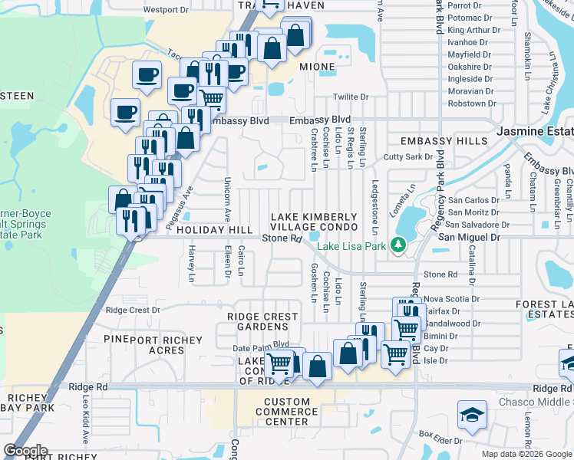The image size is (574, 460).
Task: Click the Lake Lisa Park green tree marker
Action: click(x=398, y=245)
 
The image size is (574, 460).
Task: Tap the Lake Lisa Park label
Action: click(x=354, y=246)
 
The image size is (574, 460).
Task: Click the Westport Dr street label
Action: click(x=166, y=10)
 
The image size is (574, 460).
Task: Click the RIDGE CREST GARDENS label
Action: click(x=262, y=321)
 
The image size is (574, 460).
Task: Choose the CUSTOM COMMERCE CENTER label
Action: click(x=286, y=412)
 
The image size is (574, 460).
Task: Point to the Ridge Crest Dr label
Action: click(x=133, y=310)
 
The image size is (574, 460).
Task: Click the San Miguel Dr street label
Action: click(x=469, y=238)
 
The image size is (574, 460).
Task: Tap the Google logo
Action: click(x=25, y=450)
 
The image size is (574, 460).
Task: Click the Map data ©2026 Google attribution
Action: click(x=526, y=454)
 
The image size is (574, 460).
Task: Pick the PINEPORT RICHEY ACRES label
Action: click(x=153, y=345)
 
